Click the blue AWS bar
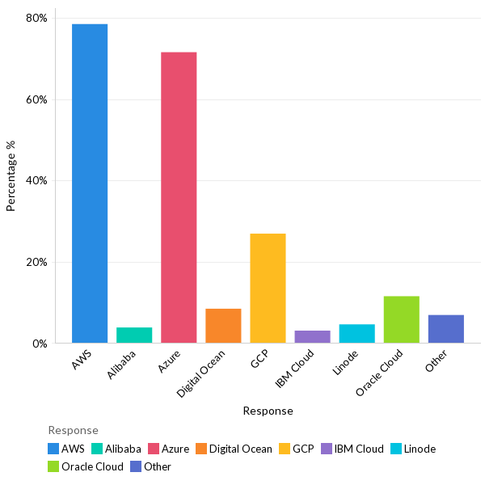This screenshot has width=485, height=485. pyautogui.click(x=90, y=183)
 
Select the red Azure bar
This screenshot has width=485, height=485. pyautogui.click(x=179, y=197)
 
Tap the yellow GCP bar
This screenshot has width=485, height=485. pyautogui.click(x=268, y=288)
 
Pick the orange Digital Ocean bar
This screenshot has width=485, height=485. pyautogui.click(x=223, y=326)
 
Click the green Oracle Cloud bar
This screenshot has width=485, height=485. pyautogui.click(x=402, y=319)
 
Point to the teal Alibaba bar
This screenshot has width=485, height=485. pyautogui.click(x=134, y=335)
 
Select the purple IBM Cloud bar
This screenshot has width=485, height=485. pyautogui.click(x=312, y=336)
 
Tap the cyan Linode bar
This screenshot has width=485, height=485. pyautogui.click(x=356, y=333)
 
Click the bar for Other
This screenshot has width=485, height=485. pyautogui.click(x=446, y=329)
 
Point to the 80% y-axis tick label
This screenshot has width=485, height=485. pyautogui.click(x=36, y=19)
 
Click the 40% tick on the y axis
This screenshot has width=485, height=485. pyautogui.click(x=36, y=181)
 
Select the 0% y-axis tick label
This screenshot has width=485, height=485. pyautogui.click(x=40, y=344)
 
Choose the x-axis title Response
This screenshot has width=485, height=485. pyautogui.click(x=268, y=411)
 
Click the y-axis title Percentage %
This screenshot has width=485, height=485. pyautogui.click(x=11, y=175)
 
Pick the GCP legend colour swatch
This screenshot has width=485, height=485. pyautogui.click(x=284, y=449)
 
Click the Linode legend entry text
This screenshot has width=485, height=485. pyautogui.click(x=420, y=449)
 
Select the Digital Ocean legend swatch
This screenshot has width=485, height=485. pyautogui.click(x=200, y=449)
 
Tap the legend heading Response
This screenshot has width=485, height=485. pyautogui.click(x=73, y=430)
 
